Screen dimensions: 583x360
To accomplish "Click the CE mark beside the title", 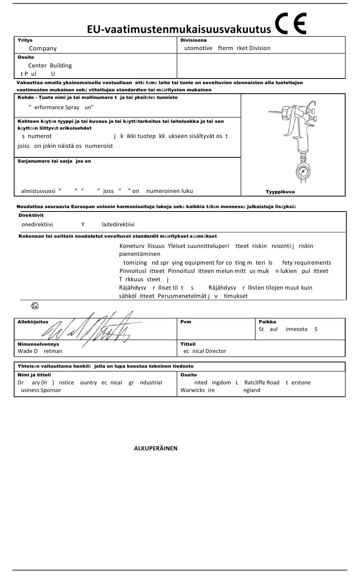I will click(x=291, y=24).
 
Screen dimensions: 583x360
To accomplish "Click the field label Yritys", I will click(x=25, y=40).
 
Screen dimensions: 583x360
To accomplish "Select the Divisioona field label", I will click(x=193, y=40).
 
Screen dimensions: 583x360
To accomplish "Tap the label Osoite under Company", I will click(x=26, y=57).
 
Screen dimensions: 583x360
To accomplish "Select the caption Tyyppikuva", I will click(x=280, y=192).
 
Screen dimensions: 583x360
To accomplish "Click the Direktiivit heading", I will click(x=31, y=215).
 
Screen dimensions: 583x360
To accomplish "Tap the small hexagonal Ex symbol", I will click(x=35, y=306).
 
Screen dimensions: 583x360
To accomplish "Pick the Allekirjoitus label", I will click(x=33, y=322).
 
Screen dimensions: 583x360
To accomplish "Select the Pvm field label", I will click(x=186, y=322).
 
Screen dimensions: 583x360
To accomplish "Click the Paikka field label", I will click(x=267, y=322).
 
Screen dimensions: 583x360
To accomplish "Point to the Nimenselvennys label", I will click(x=38, y=344).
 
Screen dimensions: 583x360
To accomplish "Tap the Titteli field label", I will click(x=188, y=344).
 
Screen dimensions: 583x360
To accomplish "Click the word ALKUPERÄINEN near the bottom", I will click(x=156, y=448).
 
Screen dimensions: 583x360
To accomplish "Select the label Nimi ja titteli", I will click(x=34, y=375).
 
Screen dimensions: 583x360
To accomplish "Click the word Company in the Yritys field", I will click(x=43, y=49).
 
